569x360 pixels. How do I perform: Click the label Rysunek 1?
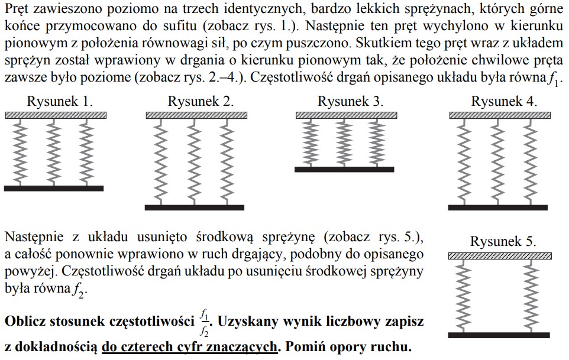click(60, 102)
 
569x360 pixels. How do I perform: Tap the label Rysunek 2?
click(201, 102)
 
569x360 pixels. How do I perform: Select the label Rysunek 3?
click(350, 102)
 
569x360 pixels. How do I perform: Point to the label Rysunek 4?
click(504, 102)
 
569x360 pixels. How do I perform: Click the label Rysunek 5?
click(503, 242)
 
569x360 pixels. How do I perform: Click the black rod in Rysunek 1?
click(54, 189)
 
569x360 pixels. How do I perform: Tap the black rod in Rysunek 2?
click(195, 207)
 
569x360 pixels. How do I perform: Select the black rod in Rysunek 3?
click(344, 170)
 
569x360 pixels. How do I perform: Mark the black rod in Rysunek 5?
click(499, 335)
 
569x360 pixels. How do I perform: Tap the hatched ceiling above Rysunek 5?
click(500, 256)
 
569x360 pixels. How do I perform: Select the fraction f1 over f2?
click(205, 322)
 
